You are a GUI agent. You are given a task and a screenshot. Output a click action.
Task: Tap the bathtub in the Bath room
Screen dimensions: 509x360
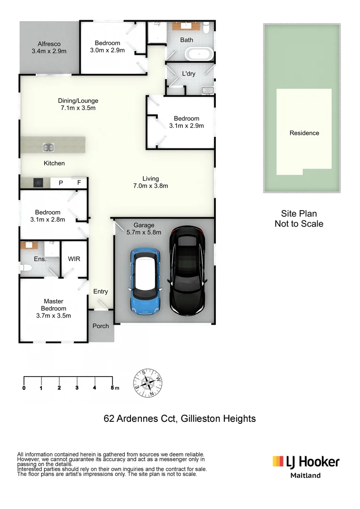199,53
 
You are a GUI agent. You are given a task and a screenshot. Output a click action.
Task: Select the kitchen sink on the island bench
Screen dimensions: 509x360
48,148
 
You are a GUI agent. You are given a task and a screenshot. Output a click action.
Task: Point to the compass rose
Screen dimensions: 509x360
148,382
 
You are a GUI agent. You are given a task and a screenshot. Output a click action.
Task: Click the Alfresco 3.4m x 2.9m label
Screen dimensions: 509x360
49,47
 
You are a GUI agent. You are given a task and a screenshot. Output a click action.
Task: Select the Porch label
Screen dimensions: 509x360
100,326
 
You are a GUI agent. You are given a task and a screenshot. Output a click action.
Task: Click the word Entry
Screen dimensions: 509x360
100,291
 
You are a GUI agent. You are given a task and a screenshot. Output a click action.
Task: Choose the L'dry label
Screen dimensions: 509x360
188,74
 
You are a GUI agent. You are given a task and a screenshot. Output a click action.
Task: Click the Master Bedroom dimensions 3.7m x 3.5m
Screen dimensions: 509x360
53,315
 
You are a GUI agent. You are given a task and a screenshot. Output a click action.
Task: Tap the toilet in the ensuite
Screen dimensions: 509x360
26,268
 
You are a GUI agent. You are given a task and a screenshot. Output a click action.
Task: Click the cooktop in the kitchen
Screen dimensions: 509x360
38,182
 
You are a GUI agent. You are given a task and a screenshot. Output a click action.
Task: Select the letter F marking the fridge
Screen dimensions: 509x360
79,182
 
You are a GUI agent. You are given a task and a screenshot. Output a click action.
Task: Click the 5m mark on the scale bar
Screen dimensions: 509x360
113,387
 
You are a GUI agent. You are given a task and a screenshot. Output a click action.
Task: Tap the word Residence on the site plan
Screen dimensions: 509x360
304,133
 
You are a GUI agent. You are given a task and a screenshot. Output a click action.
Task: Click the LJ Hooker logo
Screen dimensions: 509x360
305,461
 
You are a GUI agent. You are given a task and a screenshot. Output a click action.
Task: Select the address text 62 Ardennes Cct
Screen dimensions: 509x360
139,418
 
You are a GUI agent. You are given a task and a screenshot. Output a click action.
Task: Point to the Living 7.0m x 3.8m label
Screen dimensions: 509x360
151,182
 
